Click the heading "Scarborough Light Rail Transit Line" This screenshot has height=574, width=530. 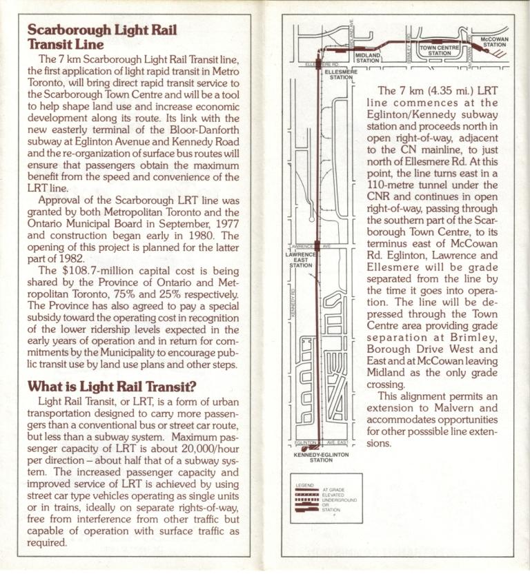(101, 37)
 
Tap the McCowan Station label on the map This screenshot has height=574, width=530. (494, 43)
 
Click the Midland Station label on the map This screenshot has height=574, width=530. (368, 58)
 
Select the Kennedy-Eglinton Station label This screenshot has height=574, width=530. (321, 457)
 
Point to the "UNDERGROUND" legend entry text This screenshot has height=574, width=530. (339, 499)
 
